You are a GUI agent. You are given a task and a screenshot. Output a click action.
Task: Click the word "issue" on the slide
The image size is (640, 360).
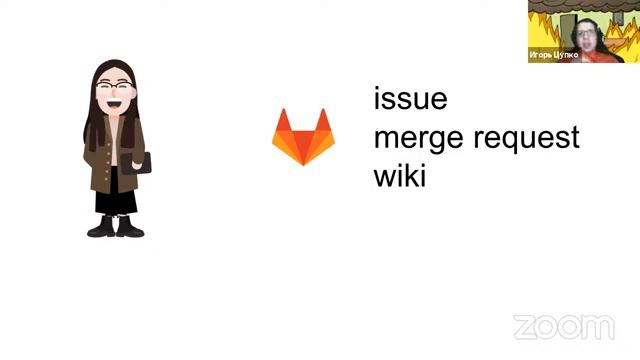pyautogui.click(x=410, y=100)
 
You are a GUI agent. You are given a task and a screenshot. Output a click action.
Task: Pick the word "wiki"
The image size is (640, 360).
pyautogui.click(x=399, y=177)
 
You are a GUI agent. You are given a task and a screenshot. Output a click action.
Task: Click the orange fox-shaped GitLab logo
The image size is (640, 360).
pyautogui.click(x=303, y=137)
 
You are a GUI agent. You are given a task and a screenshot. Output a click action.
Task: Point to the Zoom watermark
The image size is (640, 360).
pyautogui.click(x=563, y=327)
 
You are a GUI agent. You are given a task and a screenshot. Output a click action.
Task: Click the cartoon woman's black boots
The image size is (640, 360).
pyautogui.click(x=115, y=226)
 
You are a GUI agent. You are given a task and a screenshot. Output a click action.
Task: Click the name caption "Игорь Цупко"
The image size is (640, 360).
pyautogui.click(x=553, y=56)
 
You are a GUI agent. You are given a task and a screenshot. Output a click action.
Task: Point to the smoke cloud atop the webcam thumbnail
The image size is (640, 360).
pyautogui.click(x=585, y=6)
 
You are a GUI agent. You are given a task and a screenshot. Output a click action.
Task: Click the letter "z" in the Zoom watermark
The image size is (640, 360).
pyautogui.click(x=524, y=328)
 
